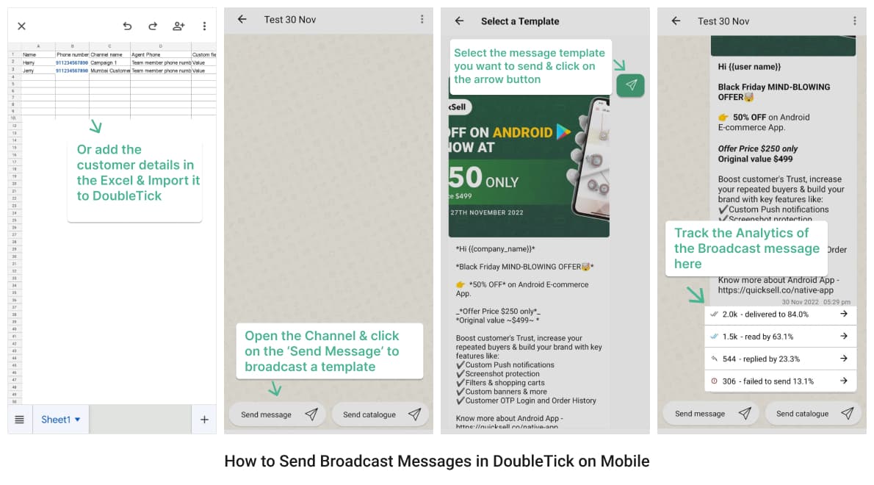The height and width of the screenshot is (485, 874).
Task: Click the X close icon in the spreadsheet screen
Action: pyautogui.click(x=21, y=26)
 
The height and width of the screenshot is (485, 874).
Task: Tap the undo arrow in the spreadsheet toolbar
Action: pyautogui.click(x=127, y=26)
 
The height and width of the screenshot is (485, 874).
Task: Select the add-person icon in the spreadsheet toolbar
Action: pyautogui.click(x=178, y=26)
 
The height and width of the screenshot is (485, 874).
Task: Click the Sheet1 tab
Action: pyautogui.click(x=60, y=420)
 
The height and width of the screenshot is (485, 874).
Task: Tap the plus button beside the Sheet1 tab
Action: pyautogui.click(x=204, y=420)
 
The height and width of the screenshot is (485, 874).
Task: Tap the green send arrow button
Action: pyautogui.click(x=631, y=85)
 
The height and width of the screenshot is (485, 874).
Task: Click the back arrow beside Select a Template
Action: pyautogui.click(x=460, y=21)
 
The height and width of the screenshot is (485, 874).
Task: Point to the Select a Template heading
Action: pyautogui.click(x=520, y=21)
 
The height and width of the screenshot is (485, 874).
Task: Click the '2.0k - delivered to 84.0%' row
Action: pyautogui.click(x=780, y=315)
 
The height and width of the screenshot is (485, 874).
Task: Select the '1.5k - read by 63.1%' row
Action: pyautogui.click(x=780, y=337)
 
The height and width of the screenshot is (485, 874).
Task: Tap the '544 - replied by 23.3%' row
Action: pyautogui.click(x=780, y=359)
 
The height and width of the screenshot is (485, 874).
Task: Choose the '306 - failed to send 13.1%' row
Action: pyautogui.click(x=780, y=381)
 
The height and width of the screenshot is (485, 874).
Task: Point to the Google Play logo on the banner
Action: pyautogui.click(x=563, y=132)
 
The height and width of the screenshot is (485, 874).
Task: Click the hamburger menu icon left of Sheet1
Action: pyautogui.click(x=20, y=420)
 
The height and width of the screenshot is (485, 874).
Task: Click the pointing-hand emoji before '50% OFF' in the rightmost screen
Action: pyautogui.click(x=723, y=118)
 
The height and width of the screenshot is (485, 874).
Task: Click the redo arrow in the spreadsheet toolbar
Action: pyautogui.click(x=153, y=26)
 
